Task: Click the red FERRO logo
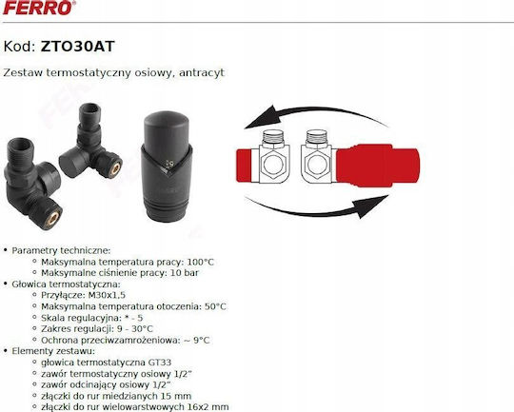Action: click(x=39, y=8)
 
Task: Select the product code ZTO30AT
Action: click(x=77, y=47)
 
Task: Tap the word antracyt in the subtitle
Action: click(x=202, y=72)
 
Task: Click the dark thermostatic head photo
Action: click(x=168, y=167)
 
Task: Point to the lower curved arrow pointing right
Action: click(x=315, y=209)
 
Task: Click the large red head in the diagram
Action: click(x=378, y=166)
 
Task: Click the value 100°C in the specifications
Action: click(x=200, y=262)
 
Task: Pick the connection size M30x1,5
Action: click(x=107, y=295)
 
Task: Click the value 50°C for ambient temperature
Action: click(x=215, y=306)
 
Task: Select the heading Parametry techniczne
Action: click(x=61, y=251)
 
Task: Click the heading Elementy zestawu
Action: click(x=53, y=351)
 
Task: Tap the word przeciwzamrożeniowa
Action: click(x=128, y=341)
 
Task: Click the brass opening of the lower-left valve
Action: click(x=52, y=219)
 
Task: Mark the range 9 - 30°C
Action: click(x=135, y=329)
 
